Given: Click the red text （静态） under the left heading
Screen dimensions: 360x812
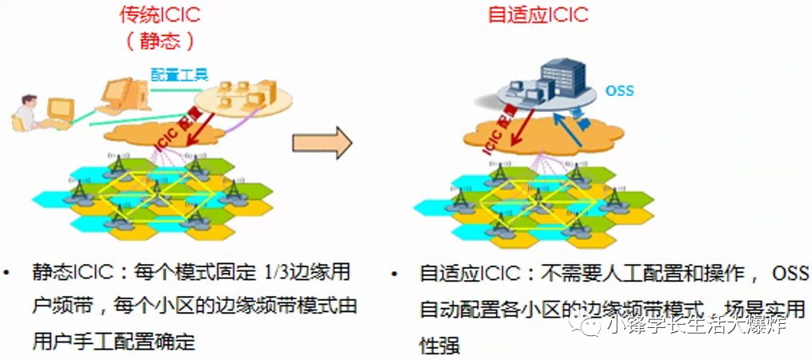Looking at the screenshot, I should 160,40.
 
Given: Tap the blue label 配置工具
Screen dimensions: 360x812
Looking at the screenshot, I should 180,74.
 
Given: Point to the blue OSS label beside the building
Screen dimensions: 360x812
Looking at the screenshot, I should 619,90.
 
